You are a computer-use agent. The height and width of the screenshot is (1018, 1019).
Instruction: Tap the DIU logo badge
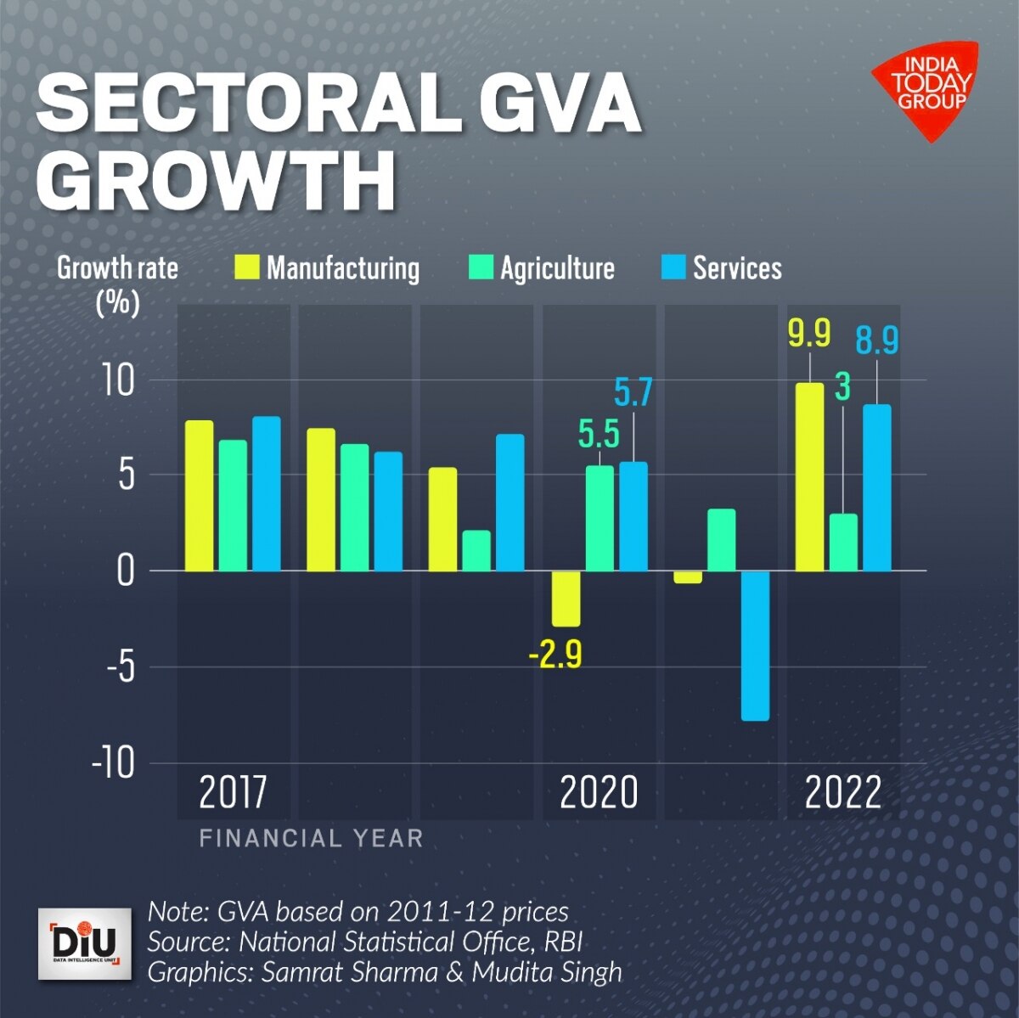(x=85, y=943)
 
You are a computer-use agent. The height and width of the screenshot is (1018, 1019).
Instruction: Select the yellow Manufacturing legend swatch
(x=247, y=267)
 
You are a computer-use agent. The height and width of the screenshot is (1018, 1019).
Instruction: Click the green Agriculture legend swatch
(x=481, y=267)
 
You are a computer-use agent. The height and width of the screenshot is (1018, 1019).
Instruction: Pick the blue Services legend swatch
(x=673, y=267)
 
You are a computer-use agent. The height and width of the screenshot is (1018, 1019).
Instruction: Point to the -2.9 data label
(x=555, y=656)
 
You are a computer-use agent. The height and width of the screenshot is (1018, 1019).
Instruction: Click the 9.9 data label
(x=808, y=334)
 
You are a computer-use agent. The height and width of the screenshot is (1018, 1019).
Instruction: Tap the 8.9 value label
(x=876, y=340)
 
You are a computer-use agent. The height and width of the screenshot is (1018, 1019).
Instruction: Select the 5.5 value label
(x=599, y=435)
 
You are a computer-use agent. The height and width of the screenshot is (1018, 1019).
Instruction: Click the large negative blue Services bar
(x=755, y=645)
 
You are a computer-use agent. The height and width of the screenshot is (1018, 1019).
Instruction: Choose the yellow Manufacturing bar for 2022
(x=808, y=476)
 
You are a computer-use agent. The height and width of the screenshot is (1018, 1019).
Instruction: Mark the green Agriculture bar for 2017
(x=233, y=505)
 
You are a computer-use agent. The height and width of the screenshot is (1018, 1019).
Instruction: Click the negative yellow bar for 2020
(x=566, y=598)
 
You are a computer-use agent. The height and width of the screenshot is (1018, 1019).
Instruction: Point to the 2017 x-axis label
(x=233, y=793)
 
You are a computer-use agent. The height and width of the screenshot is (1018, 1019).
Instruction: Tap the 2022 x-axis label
(x=842, y=793)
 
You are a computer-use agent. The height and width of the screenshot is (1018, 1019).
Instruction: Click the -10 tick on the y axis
(x=114, y=763)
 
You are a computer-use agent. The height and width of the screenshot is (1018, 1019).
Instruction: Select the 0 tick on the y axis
(x=126, y=571)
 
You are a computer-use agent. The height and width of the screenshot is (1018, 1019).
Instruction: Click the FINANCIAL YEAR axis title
(x=311, y=839)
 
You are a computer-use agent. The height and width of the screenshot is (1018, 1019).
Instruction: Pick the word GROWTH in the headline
(x=217, y=181)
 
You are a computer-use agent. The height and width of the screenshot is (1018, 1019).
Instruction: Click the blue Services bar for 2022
(x=877, y=487)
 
